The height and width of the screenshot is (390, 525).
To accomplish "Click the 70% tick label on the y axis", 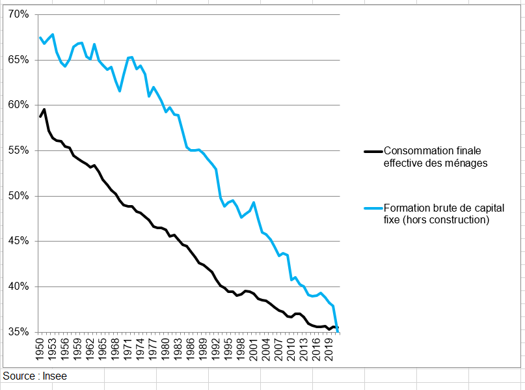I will (x=18, y=14).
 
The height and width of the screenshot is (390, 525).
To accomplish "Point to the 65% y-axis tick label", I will (x=18, y=60).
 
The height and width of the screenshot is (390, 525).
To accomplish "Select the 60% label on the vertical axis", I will (x=18, y=105).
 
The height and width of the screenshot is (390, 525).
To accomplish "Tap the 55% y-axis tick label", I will (x=18, y=150).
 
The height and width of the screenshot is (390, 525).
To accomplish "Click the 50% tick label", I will (x=18, y=196).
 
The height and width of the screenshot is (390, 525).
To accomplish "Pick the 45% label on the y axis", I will (x=18, y=241).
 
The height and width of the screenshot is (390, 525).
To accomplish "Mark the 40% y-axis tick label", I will (x=18, y=286).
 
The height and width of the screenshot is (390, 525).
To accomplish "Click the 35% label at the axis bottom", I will (x=18, y=332).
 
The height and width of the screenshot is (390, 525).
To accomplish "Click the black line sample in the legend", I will (x=373, y=151).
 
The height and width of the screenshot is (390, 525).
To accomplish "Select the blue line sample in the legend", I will (x=373, y=208).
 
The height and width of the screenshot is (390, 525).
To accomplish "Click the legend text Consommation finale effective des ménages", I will (x=435, y=157).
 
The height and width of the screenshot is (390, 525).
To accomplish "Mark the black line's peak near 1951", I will (x=44, y=109).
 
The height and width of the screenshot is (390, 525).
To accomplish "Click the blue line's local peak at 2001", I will (x=254, y=202).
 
